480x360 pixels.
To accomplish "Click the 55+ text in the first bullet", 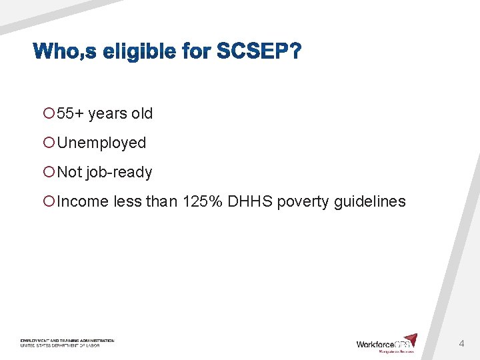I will coord(70,113).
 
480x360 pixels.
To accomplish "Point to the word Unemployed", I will coord(102,143).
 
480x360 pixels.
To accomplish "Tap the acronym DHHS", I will coord(250,201).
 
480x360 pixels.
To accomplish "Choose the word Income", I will coord(83,201).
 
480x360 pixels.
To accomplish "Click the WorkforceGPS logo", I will coord(387,343).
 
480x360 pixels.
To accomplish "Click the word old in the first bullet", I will coord(142,113).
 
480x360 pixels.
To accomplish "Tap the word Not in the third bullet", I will coord(69,172).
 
